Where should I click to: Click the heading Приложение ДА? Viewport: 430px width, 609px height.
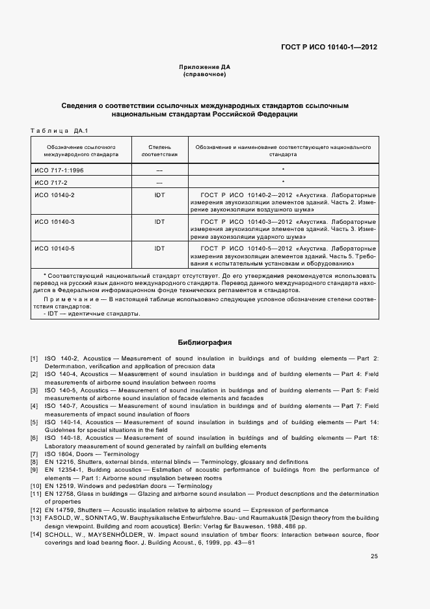coord(204,67)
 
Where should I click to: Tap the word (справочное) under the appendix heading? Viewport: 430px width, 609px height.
coord(204,75)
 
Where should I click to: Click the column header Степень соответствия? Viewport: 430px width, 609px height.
coord(159,152)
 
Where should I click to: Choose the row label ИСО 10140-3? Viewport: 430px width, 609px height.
coord(54,222)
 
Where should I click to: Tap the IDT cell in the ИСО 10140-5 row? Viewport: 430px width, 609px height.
coord(159,249)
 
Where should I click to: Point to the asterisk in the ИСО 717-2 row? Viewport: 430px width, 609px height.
coord(283,182)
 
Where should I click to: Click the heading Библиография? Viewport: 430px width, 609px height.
coord(204,342)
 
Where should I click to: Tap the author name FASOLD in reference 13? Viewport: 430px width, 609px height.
coord(58,518)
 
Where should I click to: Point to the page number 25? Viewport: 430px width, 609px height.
coord(374,556)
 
